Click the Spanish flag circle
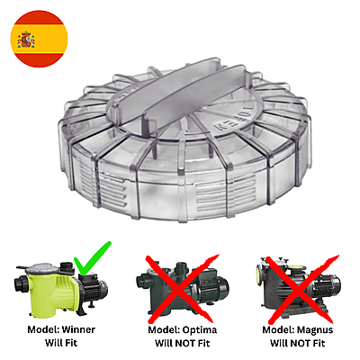(x=39, y=39)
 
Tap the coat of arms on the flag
(x=26, y=40)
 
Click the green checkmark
(x=93, y=258)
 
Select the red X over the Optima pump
(x=182, y=288)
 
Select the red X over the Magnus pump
(x=300, y=288)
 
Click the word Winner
(x=78, y=329)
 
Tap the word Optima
(x=200, y=330)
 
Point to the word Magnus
(x=315, y=329)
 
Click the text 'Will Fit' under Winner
(x=61, y=343)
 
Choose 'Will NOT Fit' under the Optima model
(x=182, y=343)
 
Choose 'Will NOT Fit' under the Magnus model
(x=298, y=343)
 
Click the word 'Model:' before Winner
(x=44, y=329)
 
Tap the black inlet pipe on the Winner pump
(x=21, y=283)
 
